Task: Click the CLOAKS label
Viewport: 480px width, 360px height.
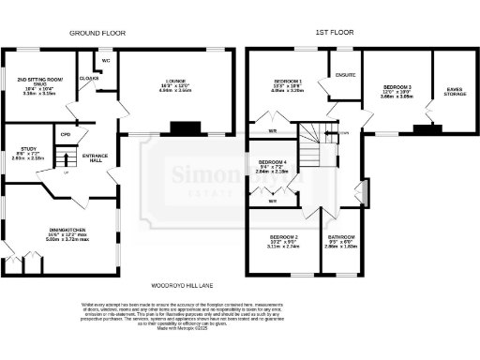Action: pyautogui.click(x=89, y=78)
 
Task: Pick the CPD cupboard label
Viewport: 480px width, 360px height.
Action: pyautogui.click(x=65, y=135)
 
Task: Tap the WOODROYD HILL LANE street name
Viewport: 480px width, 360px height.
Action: pyautogui.click(x=183, y=283)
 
